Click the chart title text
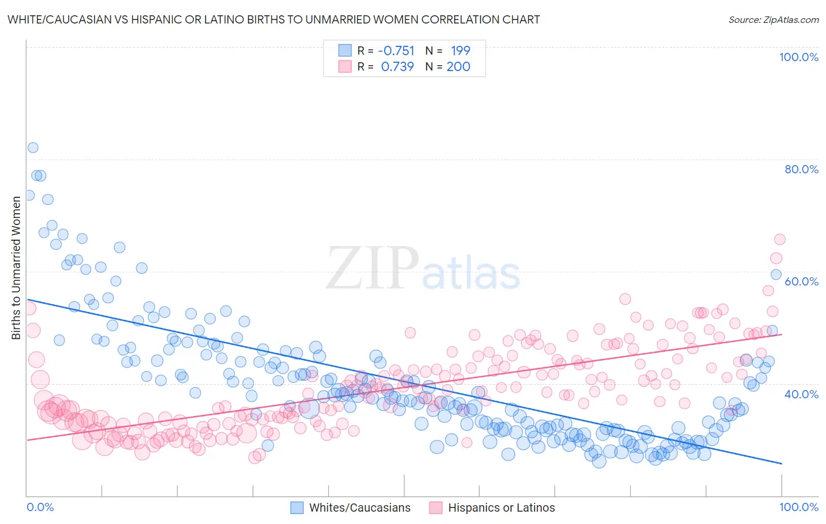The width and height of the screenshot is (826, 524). pos(273,19)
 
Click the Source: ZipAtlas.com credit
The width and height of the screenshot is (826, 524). pos(773,19)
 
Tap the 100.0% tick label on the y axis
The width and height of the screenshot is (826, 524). pos(798,57)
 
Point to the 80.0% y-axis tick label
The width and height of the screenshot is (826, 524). pos(801,169)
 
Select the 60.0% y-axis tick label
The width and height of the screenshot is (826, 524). pos(801,281)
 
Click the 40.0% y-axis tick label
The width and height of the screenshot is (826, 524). pos(801,394)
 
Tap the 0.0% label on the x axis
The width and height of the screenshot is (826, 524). pos(40,507)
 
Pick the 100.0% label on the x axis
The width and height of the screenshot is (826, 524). pos(798,507)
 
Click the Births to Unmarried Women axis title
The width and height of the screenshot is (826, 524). pos(16,268)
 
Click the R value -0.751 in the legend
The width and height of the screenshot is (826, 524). pos(396,51)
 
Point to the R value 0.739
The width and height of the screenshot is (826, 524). pos(398,66)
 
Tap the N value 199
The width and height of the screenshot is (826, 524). pos(461,51)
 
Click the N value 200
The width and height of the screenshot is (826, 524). pos(458,66)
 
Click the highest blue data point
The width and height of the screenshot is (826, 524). pos(33,147)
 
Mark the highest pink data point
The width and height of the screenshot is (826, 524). pos(780,239)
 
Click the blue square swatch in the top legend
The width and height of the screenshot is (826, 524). pos(345,51)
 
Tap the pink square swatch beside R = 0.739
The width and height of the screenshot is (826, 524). pos(345,66)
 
